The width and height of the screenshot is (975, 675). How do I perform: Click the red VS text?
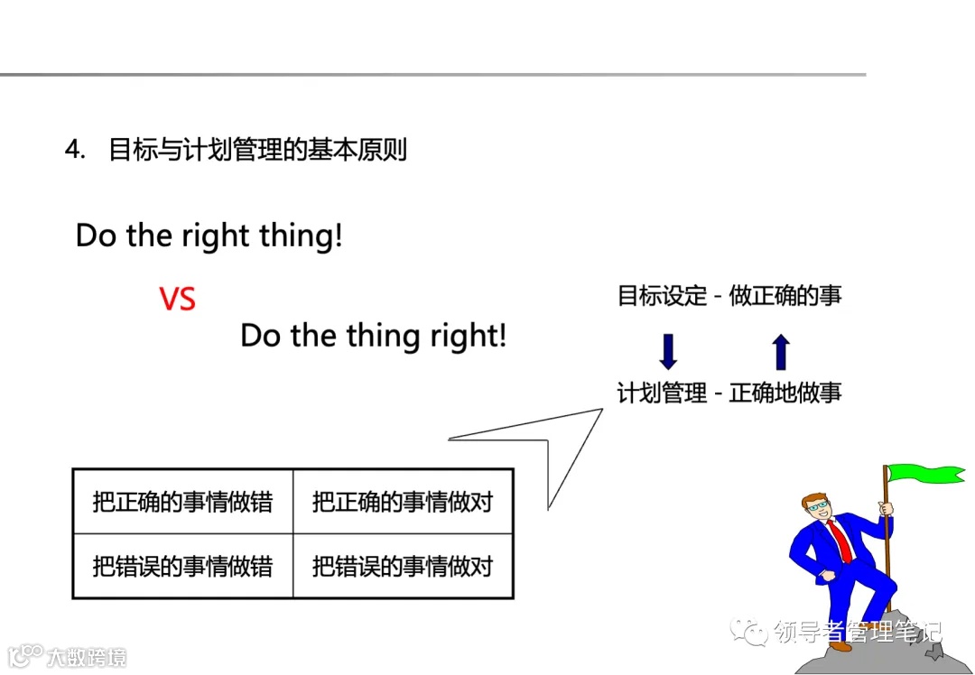177,299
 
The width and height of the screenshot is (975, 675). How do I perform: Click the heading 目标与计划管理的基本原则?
257,149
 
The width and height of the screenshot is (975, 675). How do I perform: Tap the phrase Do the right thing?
209,236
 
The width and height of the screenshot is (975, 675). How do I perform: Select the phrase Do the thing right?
373,337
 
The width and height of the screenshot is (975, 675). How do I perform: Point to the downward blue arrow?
668,352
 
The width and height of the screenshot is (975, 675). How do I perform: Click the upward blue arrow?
781,352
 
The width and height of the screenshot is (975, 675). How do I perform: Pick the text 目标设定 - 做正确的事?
729,296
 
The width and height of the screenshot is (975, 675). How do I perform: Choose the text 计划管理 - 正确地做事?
729,393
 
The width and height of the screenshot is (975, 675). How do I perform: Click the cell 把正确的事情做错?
182,502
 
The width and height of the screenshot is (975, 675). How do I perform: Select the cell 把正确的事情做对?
403,502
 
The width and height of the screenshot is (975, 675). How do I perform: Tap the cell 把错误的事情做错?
182,567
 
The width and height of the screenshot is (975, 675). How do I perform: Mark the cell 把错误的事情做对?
403,567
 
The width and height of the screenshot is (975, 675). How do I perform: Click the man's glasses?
820,506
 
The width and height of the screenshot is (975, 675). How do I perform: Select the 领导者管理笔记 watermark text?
858,633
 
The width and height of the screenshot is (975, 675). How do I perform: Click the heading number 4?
74,149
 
